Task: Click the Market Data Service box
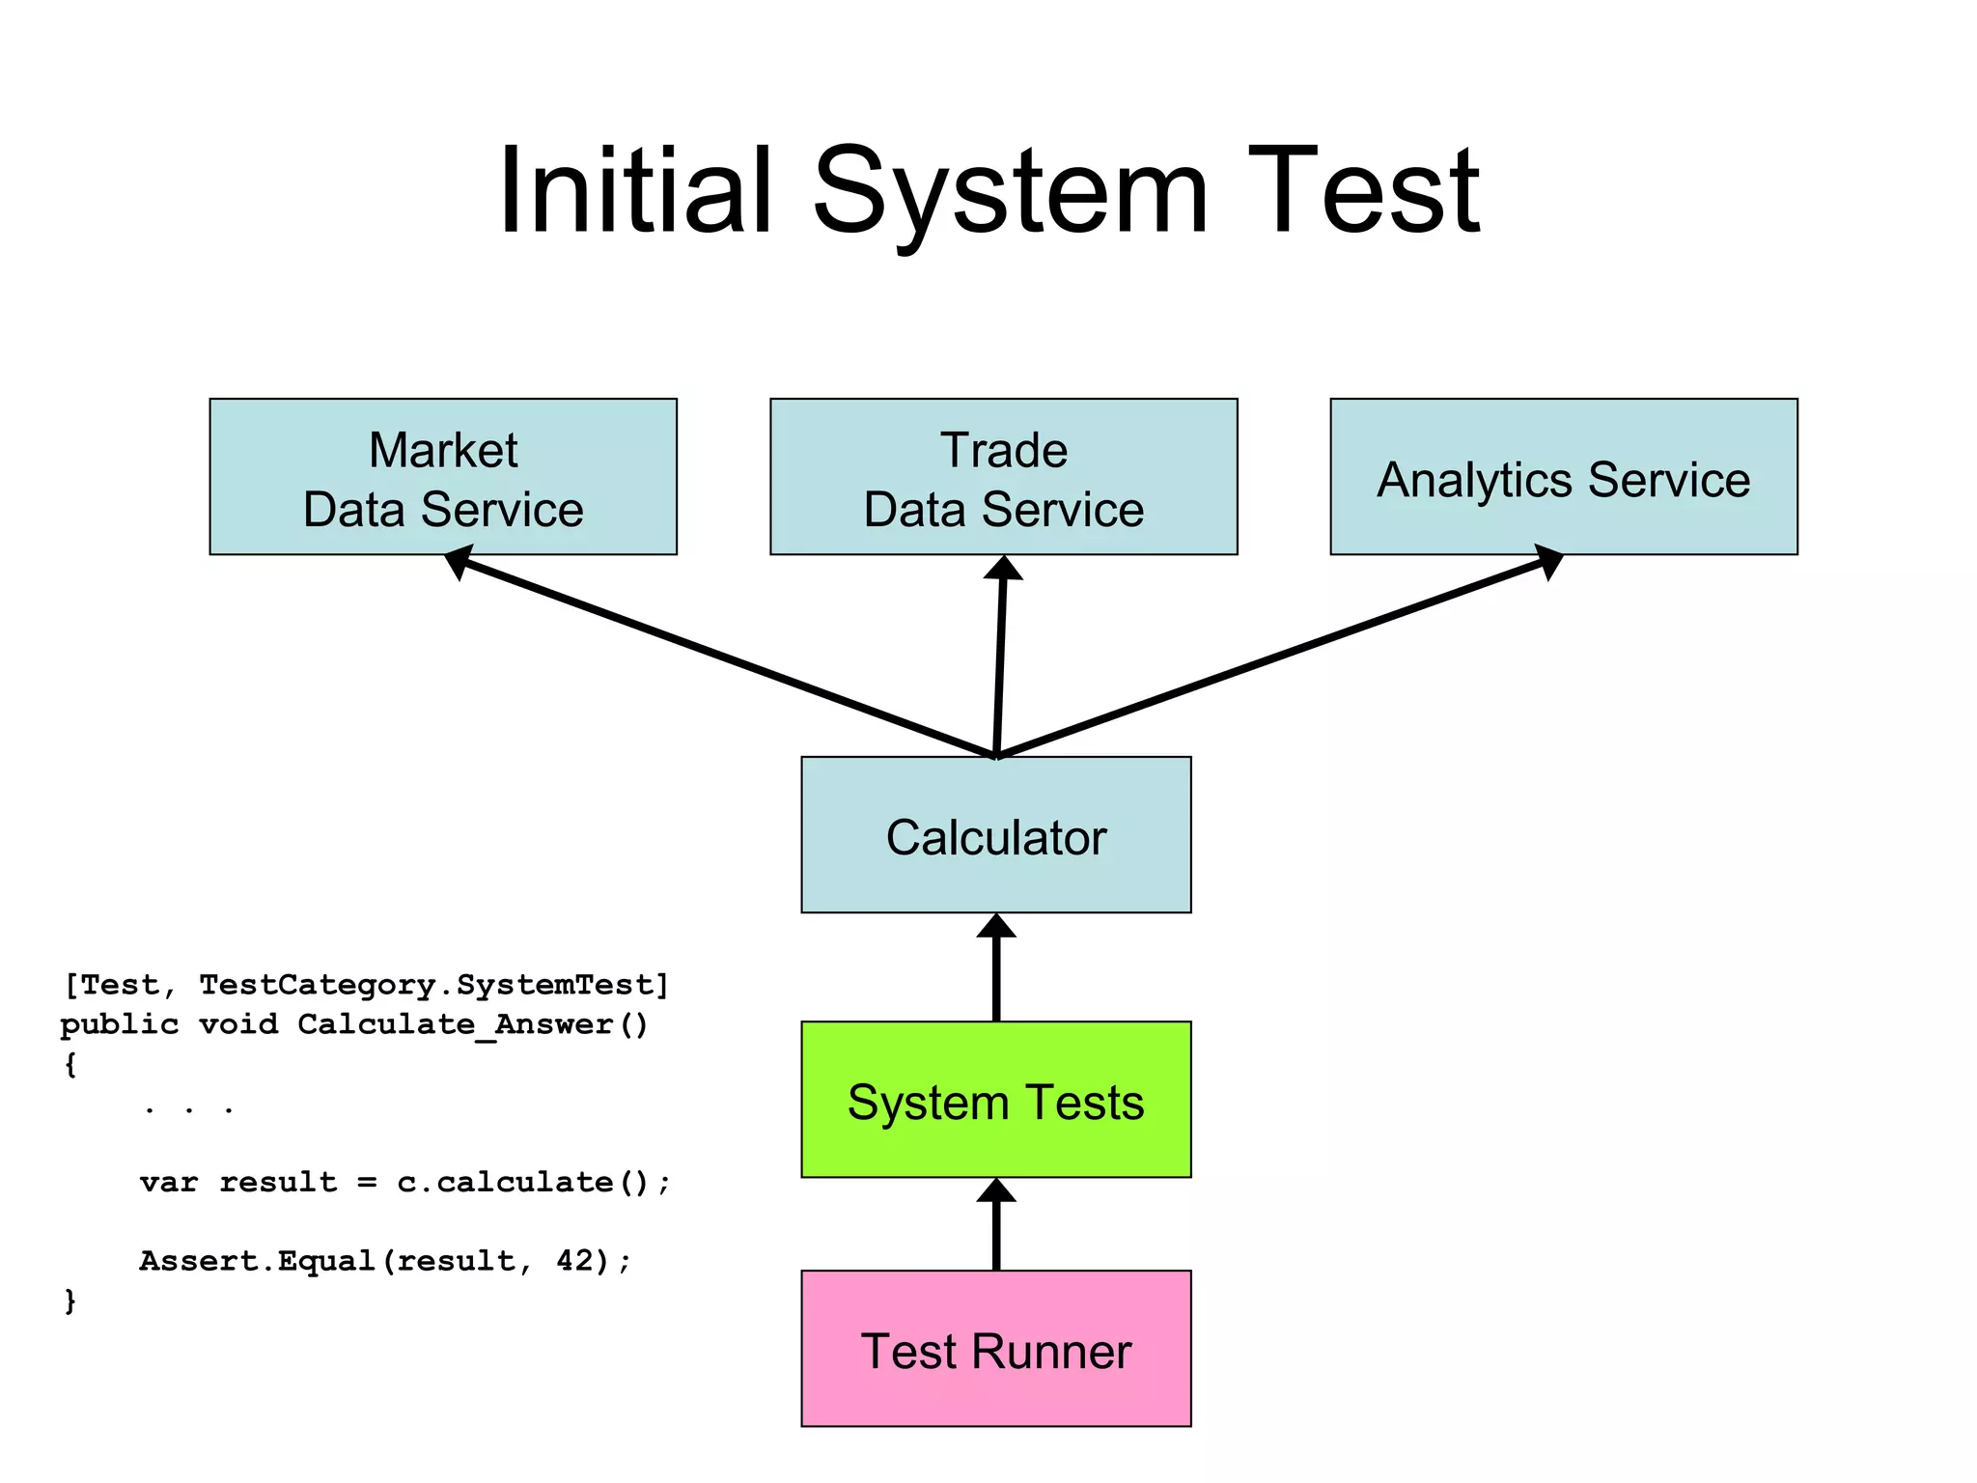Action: [443, 477]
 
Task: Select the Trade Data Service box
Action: [1003, 477]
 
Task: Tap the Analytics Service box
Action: [1563, 477]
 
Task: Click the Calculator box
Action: [995, 835]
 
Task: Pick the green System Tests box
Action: [995, 1100]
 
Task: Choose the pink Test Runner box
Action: [995, 1349]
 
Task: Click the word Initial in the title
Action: [634, 190]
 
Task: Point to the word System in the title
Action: [1010, 190]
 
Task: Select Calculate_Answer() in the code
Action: [473, 1024]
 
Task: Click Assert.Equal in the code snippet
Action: [257, 1261]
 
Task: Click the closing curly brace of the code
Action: [70, 1301]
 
